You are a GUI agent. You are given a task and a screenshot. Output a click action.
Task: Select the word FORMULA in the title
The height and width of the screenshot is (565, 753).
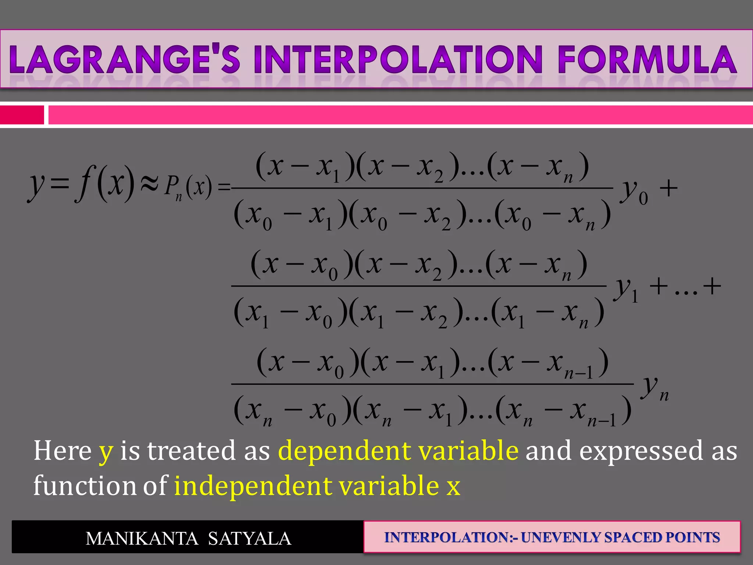647,60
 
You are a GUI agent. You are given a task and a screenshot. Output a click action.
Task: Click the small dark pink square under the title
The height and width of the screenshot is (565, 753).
22,115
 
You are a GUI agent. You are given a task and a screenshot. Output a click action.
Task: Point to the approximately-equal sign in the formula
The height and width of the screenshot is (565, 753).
150,184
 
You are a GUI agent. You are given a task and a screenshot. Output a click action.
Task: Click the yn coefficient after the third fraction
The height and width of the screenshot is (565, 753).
655,388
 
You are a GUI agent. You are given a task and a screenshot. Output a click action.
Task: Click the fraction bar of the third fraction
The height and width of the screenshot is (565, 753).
432,384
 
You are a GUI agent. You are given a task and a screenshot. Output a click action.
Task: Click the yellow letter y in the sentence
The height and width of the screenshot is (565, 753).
106,452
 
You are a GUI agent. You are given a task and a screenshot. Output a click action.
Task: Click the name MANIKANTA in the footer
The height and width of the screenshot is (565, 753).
142,539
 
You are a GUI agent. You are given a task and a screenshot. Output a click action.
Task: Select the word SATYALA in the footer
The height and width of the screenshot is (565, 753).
250,539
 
